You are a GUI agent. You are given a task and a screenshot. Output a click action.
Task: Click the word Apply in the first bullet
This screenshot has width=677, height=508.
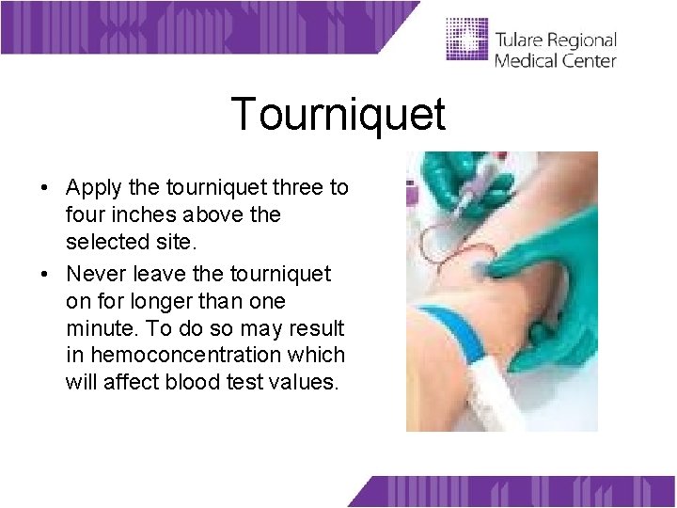(92, 187)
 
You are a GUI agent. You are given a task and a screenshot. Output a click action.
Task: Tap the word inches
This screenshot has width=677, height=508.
(141, 214)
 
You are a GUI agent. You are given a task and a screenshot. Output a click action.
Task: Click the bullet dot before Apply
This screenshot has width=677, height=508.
(46, 188)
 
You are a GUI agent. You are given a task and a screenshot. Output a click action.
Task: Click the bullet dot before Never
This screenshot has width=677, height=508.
(46, 275)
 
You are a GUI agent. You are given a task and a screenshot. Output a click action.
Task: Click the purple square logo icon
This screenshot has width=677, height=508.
(467, 39)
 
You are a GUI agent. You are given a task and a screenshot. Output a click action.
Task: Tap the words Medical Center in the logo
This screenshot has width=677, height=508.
(555, 61)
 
